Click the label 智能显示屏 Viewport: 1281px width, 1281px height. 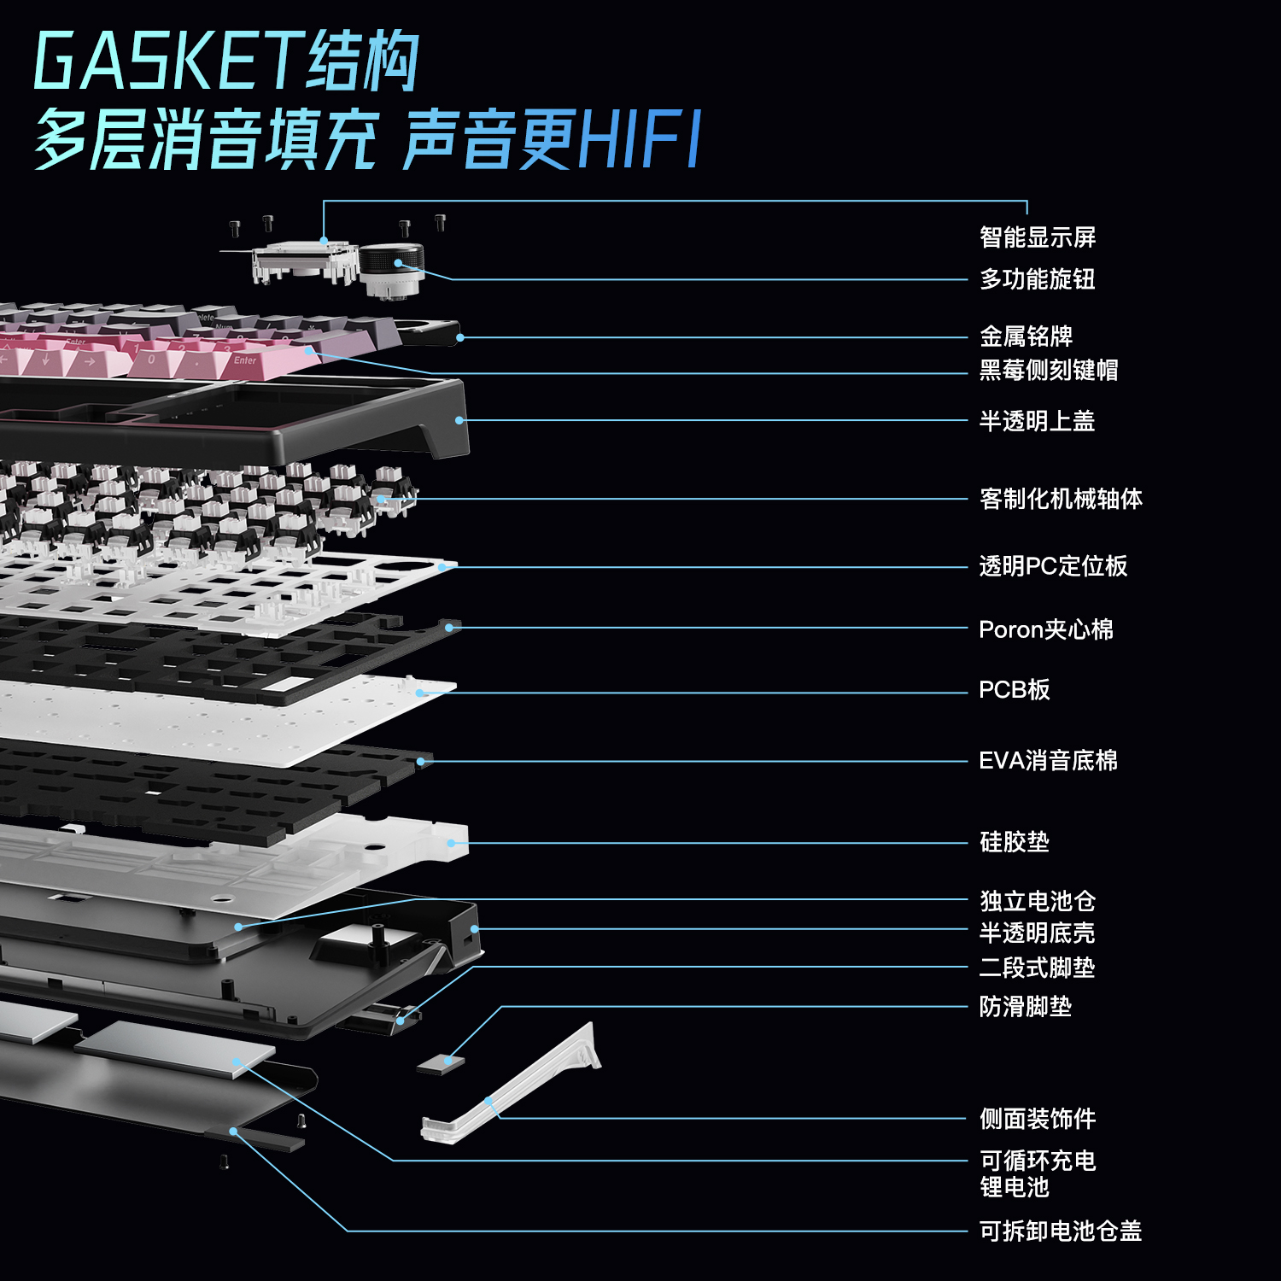tap(1037, 237)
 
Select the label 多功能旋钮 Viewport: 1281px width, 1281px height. tap(1037, 279)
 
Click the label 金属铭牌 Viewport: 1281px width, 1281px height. tap(1026, 336)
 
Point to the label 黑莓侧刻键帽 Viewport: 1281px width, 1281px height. tap(1048, 370)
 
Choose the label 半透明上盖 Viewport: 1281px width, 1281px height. tap(1037, 421)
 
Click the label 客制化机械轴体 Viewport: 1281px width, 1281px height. tap(1060, 499)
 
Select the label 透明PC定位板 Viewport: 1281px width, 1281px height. tap(1053, 566)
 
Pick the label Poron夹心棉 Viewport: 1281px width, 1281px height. tap(1045, 630)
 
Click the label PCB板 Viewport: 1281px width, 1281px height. tap(1014, 690)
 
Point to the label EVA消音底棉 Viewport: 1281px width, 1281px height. tap(1048, 761)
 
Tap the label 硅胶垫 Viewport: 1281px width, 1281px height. tap(1014, 842)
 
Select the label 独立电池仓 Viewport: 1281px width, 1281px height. tap(1037, 901)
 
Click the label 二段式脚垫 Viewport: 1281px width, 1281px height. tap(1037, 968)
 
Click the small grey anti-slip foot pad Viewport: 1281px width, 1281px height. tap(442, 1064)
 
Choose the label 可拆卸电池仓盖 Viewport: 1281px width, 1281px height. tap(1060, 1231)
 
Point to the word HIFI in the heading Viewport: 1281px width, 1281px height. tap(640, 138)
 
